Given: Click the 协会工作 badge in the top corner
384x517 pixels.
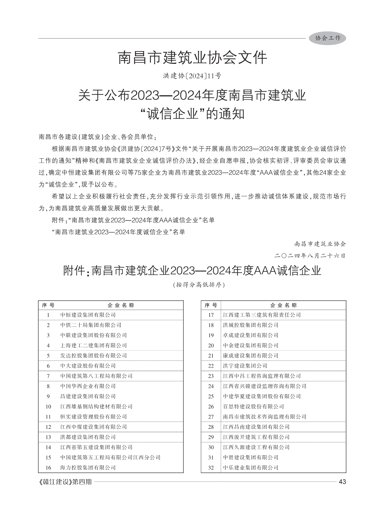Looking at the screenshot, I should point(327,38).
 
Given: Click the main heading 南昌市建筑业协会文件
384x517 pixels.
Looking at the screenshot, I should point(192,58).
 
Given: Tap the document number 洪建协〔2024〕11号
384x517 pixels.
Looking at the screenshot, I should point(192,76).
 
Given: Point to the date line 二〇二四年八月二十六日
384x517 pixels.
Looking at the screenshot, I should point(310,256).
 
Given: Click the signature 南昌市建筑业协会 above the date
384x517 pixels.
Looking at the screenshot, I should point(320,243).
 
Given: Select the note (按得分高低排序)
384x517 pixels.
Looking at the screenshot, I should point(199,285).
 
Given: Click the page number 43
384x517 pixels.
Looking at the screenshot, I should point(342,482).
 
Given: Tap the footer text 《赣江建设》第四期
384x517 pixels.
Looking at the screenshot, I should point(65,482).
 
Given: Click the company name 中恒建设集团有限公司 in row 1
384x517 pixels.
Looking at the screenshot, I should point(88,315).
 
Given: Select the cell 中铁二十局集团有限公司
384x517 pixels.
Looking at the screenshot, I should point(91,325).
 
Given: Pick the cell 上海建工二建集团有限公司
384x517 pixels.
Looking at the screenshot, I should point(93,345).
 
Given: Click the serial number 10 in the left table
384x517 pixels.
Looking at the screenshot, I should point(48,407).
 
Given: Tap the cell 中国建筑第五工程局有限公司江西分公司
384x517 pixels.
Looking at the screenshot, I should point(110,457).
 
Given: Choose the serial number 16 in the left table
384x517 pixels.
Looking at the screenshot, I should point(48,468).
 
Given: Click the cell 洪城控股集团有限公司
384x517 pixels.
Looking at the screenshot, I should point(251,325).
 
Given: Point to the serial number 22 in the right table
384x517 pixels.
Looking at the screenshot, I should point(211,366).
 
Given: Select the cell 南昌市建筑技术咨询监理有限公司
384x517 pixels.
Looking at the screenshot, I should point(264,417).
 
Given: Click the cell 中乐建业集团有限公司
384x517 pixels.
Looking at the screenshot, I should point(251,468).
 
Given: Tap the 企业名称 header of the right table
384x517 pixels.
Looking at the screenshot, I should point(283,305).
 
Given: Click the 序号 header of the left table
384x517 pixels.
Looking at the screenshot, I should point(48,305).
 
